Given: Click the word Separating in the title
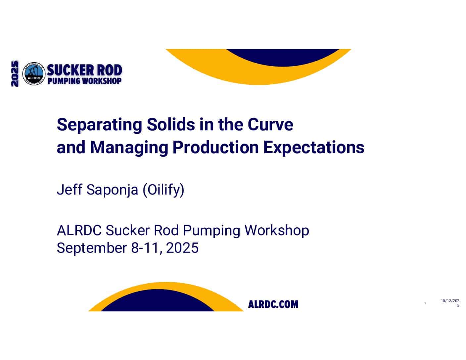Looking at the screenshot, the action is pos(99,125).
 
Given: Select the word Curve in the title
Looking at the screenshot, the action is pos(270,124).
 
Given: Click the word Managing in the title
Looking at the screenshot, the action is pos(129,148).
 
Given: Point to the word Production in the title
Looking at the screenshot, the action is pos(215,147).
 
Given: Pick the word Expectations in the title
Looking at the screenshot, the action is pos(314,148).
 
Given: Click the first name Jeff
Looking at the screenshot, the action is pos(70,189).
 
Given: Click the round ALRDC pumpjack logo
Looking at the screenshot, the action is pos(34,73).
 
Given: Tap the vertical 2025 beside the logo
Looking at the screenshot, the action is pos(15,73).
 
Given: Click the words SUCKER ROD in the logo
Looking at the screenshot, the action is pos(84,70).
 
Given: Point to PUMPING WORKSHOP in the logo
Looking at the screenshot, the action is pos(84,81).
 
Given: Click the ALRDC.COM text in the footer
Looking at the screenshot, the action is pos(273,304).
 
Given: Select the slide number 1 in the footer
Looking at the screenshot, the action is pos(425,303).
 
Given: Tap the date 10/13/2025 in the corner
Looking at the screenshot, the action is pos(450,303).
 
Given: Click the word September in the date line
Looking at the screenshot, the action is pos(92,248).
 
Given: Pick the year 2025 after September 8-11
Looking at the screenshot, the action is pos(182,247).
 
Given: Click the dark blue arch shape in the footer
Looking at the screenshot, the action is pos(158,300).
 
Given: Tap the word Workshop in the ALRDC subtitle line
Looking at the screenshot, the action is pos(277,231).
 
